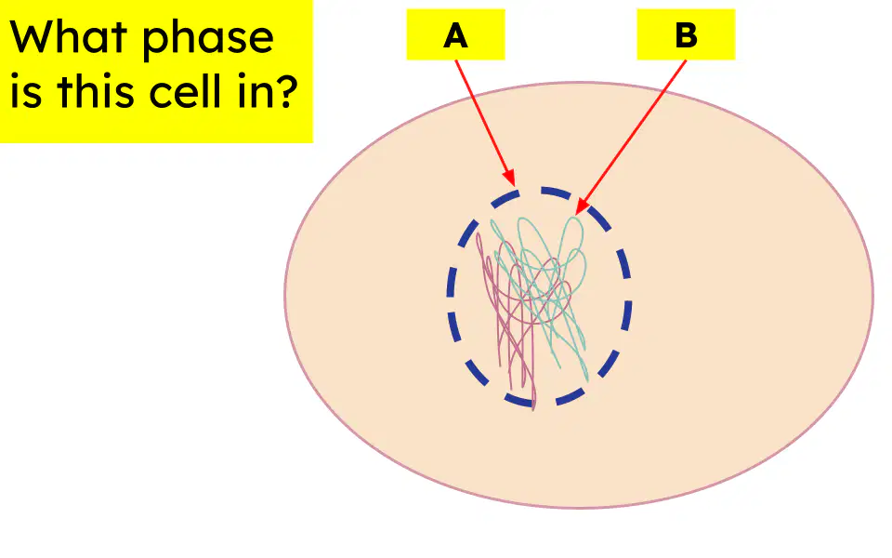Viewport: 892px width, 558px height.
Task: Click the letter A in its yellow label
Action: (x=455, y=35)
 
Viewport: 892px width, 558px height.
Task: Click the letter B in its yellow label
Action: (x=686, y=35)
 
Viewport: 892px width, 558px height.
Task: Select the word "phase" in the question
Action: (x=208, y=41)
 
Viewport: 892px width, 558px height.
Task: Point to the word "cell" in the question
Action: (x=187, y=91)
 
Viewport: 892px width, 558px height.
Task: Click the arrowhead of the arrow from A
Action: (x=510, y=178)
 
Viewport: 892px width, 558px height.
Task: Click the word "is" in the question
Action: (x=26, y=91)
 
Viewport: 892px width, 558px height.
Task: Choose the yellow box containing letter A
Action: (x=455, y=34)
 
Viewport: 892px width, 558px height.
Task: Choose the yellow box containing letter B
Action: (x=686, y=34)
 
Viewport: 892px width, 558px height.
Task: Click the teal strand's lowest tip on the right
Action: (x=587, y=379)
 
